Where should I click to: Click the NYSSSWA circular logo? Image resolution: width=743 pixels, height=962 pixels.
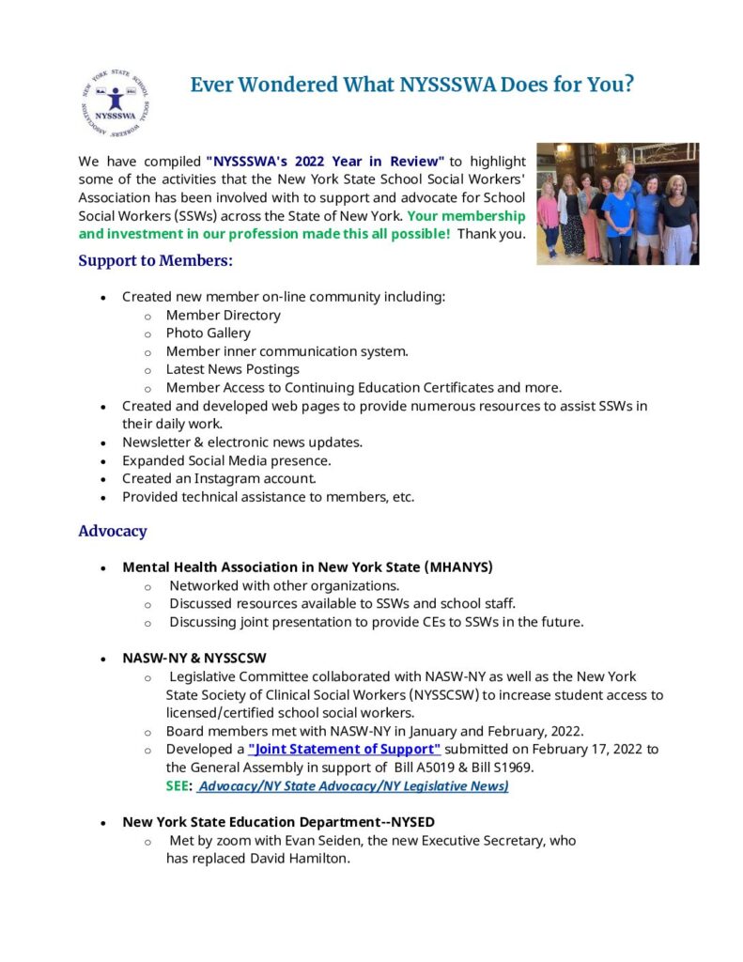click(116, 101)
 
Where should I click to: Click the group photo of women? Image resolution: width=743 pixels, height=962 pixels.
click(617, 203)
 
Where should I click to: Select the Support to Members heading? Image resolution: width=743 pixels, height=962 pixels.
click(155, 260)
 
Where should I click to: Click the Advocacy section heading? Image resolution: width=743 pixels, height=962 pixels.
click(112, 531)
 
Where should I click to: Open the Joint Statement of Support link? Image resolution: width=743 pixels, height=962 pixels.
click(344, 749)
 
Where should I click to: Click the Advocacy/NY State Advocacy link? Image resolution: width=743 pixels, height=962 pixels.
click(352, 785)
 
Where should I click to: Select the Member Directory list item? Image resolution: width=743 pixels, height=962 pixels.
click(223, 315)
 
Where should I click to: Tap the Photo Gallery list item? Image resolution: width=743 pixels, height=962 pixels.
click(208, 333)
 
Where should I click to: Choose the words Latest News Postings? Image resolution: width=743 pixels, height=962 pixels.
click(232, 369)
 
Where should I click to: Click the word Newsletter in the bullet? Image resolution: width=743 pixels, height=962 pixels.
click(157, 442)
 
